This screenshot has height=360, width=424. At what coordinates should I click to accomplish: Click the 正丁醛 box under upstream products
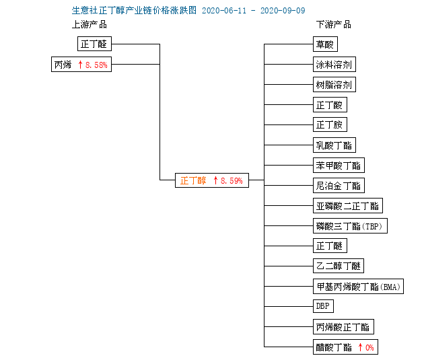[x=94, y=44]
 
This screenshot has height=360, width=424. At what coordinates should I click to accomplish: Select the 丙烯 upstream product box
[x=81, y=65]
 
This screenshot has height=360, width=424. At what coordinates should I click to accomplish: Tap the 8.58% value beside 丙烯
[x=96, y=65]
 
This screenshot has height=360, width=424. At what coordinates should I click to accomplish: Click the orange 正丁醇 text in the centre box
[x=193, y=180]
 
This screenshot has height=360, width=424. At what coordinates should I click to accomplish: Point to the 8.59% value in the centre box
[x=232, y=180]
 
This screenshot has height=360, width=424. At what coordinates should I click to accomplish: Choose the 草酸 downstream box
[x=325, y=44]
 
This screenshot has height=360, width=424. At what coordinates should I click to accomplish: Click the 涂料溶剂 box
[x=334, y=65]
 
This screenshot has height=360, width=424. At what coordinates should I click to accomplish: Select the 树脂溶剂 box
[x=334, y=85]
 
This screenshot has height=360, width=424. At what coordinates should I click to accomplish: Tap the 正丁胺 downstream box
[x=330, y=124]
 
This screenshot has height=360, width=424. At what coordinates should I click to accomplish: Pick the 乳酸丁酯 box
[x=334, y=145]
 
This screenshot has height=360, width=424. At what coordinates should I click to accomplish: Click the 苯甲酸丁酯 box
[x=339, y=165]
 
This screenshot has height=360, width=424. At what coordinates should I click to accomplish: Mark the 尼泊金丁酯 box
[x=339, y=186]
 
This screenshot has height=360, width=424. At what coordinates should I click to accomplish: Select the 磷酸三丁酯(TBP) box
[x=350, y=225]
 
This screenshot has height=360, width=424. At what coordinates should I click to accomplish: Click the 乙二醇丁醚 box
[x=339, y=266]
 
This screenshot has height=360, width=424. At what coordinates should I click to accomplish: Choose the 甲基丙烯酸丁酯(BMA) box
[x=358, y=286]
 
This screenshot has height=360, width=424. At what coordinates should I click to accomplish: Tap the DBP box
[x=323, y=306]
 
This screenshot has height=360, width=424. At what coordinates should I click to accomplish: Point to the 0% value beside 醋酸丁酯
[x=369, y=348]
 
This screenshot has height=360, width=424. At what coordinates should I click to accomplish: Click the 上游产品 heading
[x=90, y=25]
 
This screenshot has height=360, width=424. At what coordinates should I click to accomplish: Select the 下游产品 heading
[x=334, y=25]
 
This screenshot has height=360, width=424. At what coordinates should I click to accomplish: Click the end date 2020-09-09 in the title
[x=283, y=11]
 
